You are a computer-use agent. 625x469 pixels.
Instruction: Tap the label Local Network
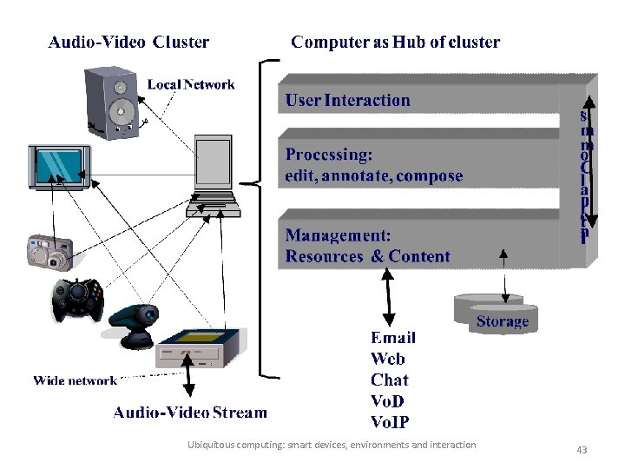pos(191,84)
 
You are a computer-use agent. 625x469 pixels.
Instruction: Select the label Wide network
pos(75,380)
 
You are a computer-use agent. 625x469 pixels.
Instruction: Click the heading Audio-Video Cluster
pos(128,42)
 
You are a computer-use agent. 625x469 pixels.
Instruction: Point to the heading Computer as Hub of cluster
pos(395,42)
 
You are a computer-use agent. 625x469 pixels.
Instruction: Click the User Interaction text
pos(347,100)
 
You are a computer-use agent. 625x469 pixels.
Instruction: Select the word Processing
pos(329,155)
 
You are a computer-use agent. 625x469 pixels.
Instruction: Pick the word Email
pos(392,338)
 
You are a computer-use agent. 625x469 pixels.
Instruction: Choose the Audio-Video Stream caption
pos(190,413)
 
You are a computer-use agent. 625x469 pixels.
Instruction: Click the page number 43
pos(582,450)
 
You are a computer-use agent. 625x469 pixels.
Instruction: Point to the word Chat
pos(389,380)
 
